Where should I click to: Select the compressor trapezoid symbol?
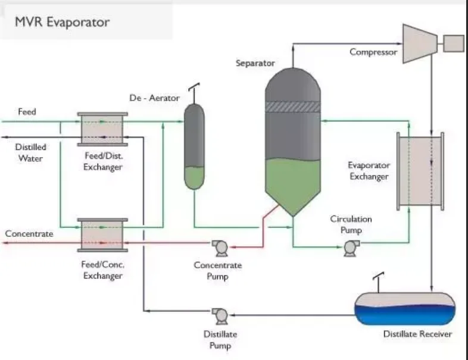[420, 42]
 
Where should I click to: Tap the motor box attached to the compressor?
[453, 43]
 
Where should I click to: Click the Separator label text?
[255, 62]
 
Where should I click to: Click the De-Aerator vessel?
[194, 146]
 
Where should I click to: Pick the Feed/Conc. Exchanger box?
[102, 234]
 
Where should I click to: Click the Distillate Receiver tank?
[405, 307]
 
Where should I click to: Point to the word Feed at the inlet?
[27, 111]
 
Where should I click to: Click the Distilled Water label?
[30, 152]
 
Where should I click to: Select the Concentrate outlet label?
[29, 234]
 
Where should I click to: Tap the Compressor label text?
[373, 52]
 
